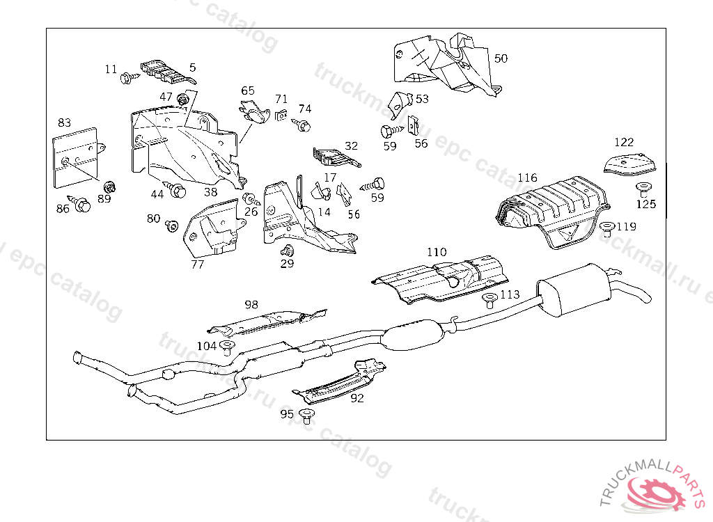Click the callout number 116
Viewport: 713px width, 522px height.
[x=527, y=178]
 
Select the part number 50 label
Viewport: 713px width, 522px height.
[x=501, y=58]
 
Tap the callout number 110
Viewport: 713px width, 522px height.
[x=437, y=252]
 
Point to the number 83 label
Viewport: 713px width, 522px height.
[x=64, y=122]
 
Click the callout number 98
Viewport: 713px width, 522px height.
[x=251, y=304]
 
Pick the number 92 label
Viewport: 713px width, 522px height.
[x=357, y=398]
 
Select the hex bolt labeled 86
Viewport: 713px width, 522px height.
[x=83, y=205]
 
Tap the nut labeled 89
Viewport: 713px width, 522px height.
[x=109, y=187]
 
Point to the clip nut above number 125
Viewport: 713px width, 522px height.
[x=643, y=187]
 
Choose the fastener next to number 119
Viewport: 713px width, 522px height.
[x=606, y=228]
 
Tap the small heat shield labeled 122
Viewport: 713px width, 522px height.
[x=630, y=165]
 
